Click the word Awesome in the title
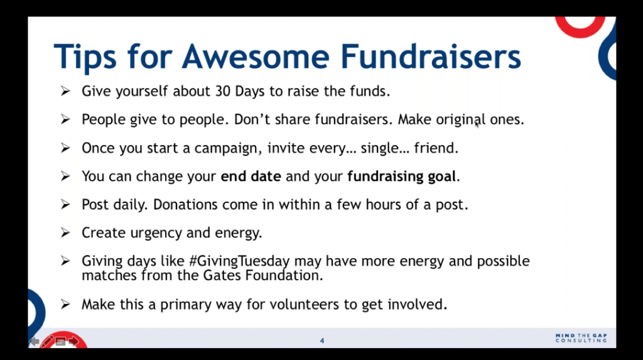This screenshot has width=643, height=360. click(256, 57)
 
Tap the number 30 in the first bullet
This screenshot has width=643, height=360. click(223, 91)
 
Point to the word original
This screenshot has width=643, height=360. click(460, 120)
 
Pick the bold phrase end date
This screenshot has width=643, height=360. click(251, 176)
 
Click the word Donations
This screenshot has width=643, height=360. click(185, 204)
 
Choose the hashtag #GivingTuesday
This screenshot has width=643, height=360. click(239, 261)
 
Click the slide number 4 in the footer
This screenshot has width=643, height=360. click(322, 341)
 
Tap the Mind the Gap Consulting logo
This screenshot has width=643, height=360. click(581, 338)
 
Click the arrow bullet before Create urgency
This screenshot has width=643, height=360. click(65, 232)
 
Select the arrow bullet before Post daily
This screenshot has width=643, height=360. click(65, 204)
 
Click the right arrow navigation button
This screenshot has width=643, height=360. click(73, 342)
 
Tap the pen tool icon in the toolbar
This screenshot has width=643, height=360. click(47, 341)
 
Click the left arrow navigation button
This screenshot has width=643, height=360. click(35, 342)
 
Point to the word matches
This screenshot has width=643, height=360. click(109, 275)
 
